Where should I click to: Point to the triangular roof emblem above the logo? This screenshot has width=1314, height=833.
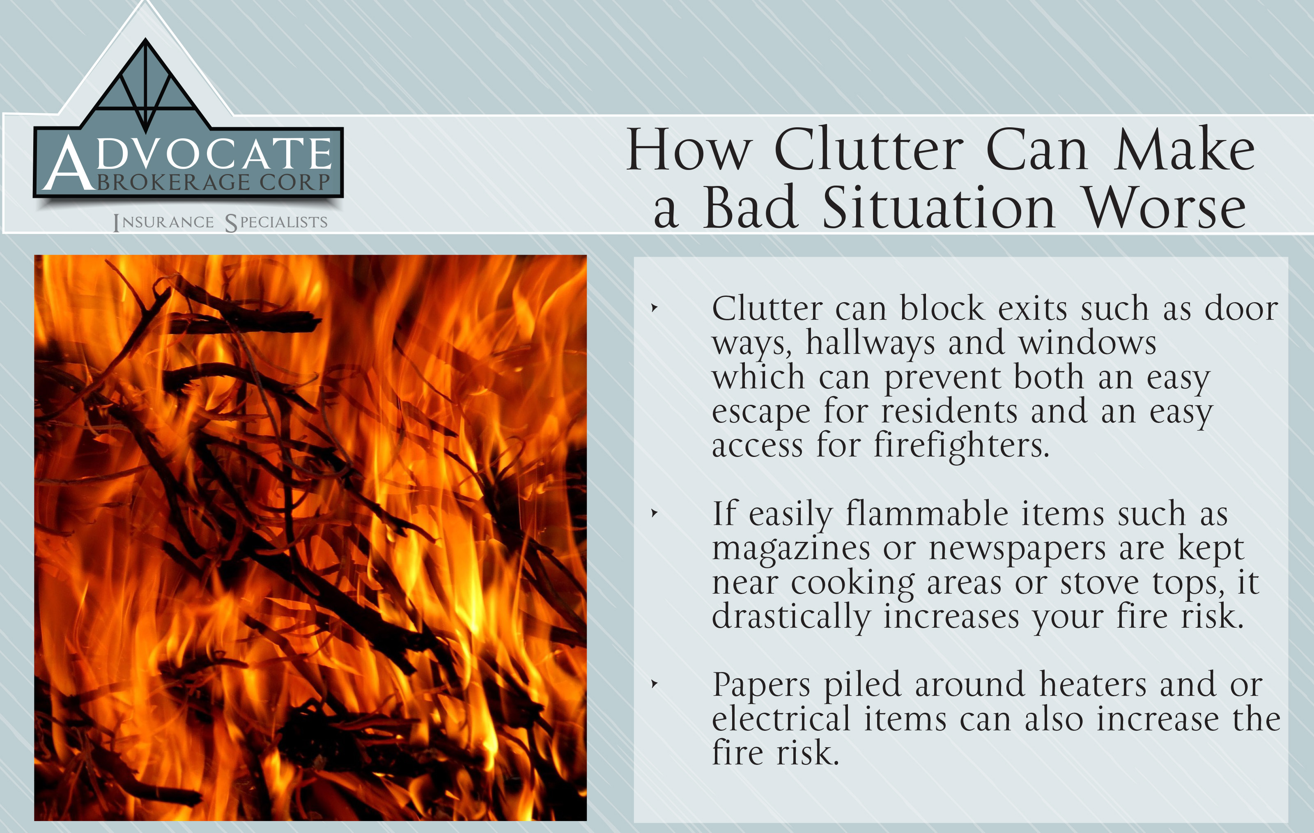[146, 85]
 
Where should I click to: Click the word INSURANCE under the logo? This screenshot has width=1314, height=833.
[164, 223]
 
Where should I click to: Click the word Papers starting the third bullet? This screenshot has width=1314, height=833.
[761, 685]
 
